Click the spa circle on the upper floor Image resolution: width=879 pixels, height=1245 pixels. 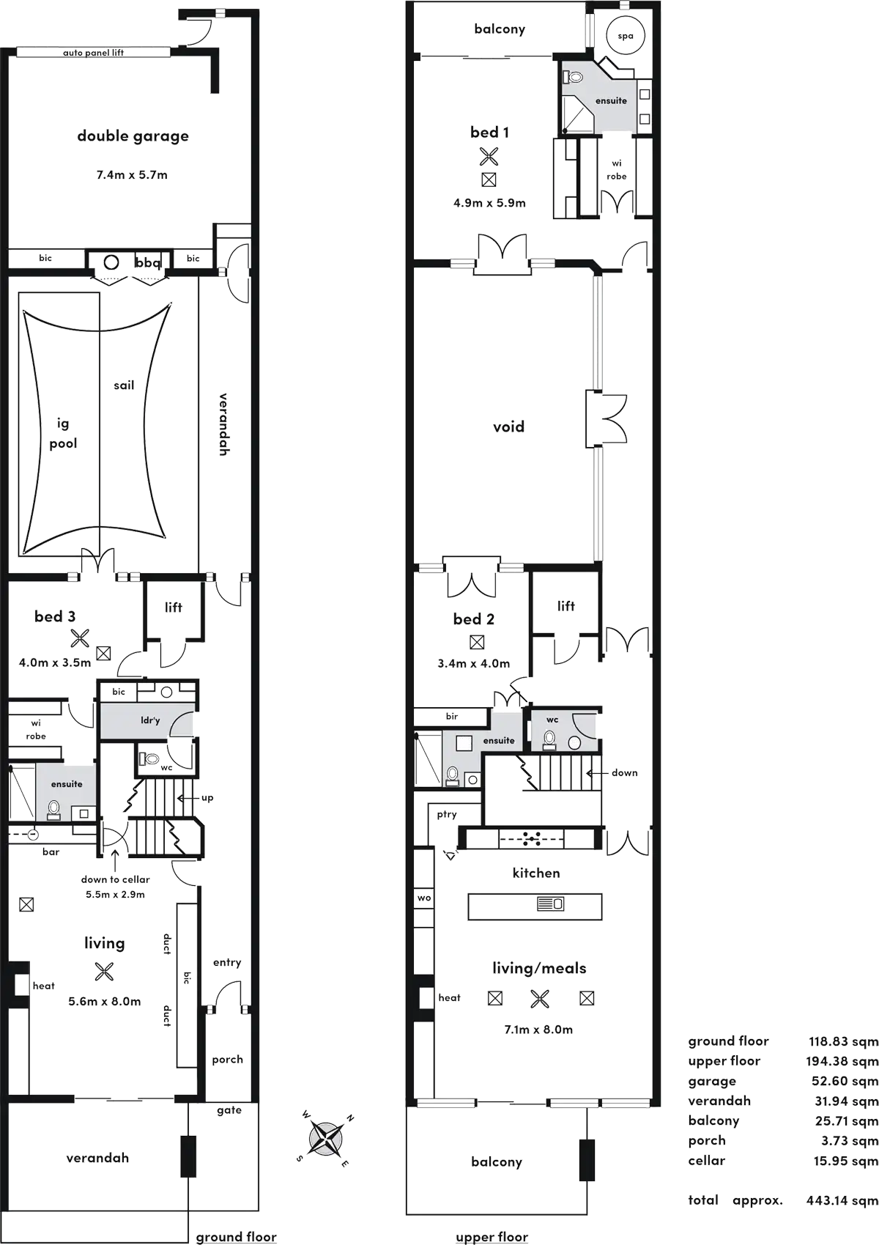[x=625, y=36]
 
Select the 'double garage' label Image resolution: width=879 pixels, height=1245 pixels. [x=133, y=136]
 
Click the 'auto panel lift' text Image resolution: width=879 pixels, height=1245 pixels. [x=93, y=53]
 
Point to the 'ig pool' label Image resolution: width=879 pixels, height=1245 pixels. [x=63, y=434]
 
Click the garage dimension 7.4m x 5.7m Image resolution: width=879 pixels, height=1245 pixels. [x=132, y=175]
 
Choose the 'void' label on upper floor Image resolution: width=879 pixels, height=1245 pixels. [x=508, y=426]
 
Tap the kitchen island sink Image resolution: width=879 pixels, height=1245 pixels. [x=550, y=904]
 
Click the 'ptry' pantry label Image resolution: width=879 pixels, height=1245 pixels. [x=447, y=815]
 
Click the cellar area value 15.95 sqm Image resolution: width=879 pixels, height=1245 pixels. [x=845, y=1161]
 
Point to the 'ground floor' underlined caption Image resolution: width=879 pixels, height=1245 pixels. [x=236, y=1236]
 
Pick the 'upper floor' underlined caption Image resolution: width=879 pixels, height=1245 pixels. [x=492, y=1236]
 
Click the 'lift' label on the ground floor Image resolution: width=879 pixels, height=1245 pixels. [x=174, y=607]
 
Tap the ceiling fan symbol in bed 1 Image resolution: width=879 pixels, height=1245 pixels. [x=489, y=156]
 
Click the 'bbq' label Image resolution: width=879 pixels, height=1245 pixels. [x=148, y=262]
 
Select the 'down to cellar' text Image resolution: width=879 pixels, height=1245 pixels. [x=116, y=879]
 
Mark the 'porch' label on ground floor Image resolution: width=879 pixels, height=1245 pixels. [x=227, y=1060]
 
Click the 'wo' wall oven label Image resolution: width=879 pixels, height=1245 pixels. [x=424, y=898]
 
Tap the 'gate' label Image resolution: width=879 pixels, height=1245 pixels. [x=229, y=1110]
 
